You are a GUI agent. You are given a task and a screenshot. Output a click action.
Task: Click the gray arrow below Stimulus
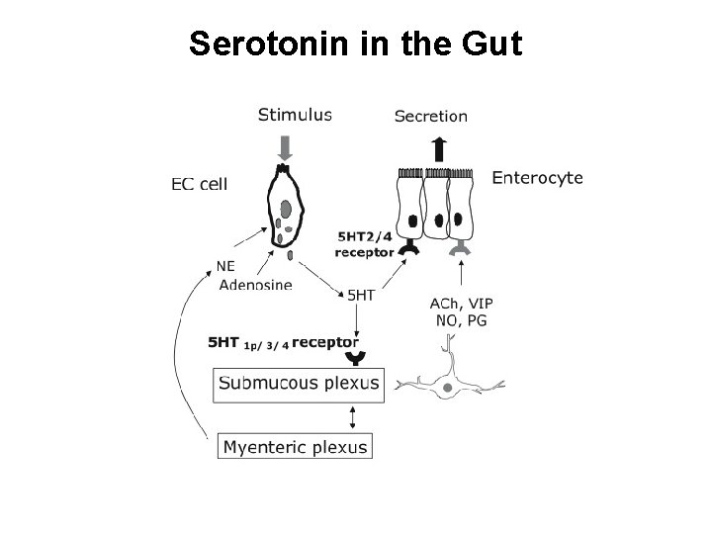tap(286, 148)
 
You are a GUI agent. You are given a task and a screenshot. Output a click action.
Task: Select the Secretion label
tap(431, 115)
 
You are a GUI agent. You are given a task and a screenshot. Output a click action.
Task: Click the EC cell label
tap(199, 183)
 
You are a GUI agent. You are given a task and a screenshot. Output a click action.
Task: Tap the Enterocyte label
tap(537, 179)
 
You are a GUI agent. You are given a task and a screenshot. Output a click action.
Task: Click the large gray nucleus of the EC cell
tap(285, 209)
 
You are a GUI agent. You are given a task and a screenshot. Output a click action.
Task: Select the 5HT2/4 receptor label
tap(365, 243)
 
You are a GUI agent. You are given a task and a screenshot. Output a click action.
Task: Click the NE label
tap(227, 265)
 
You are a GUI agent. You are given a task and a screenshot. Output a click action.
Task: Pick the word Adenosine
tap(255, 286)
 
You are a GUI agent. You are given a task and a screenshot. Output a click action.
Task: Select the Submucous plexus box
tap(298, 384)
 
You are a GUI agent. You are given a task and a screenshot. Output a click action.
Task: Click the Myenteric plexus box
tap(295, 447)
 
